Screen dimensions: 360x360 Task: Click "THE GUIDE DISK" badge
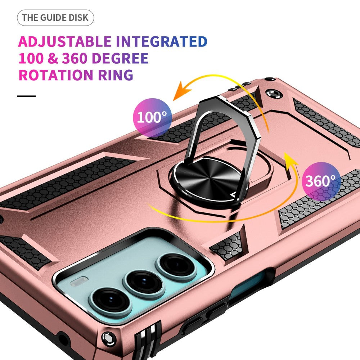tap(55, 18)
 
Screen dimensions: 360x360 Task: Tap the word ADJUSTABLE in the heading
tap(64, 42)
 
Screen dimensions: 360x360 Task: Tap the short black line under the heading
tap(26, 96)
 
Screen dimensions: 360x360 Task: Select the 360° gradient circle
tap(321, 181)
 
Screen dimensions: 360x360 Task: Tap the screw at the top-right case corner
tap(273, 95)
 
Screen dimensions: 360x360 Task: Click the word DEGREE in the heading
tap(118, 58)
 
